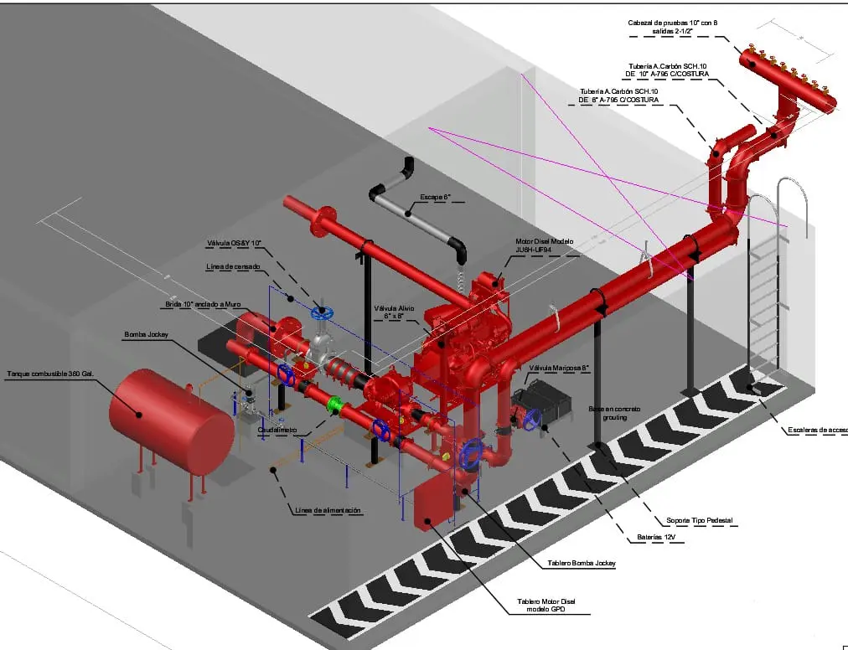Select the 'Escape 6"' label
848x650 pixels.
436,198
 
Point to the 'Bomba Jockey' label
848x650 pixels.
147,335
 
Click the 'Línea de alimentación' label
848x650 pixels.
328,510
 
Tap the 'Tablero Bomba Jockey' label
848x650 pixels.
582,563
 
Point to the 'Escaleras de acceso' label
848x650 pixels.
818,431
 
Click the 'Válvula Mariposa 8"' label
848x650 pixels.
560,368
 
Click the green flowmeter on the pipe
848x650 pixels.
335,404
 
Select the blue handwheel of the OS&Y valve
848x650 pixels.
321,313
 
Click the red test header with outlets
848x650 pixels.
788,80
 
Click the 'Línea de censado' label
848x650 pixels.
233,266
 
